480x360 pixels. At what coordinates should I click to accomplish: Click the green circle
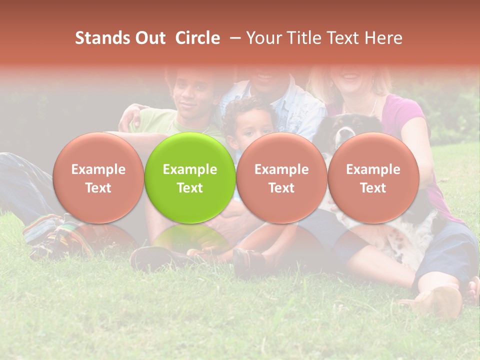(190, 177)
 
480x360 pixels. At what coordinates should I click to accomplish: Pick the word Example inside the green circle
(190, 169)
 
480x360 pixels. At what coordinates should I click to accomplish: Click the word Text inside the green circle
(190, 188)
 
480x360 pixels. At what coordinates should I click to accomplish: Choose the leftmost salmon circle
(98, 177)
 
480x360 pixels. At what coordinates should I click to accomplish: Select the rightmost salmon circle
(373, 177)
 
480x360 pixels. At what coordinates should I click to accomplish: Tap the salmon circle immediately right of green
(281, 177)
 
